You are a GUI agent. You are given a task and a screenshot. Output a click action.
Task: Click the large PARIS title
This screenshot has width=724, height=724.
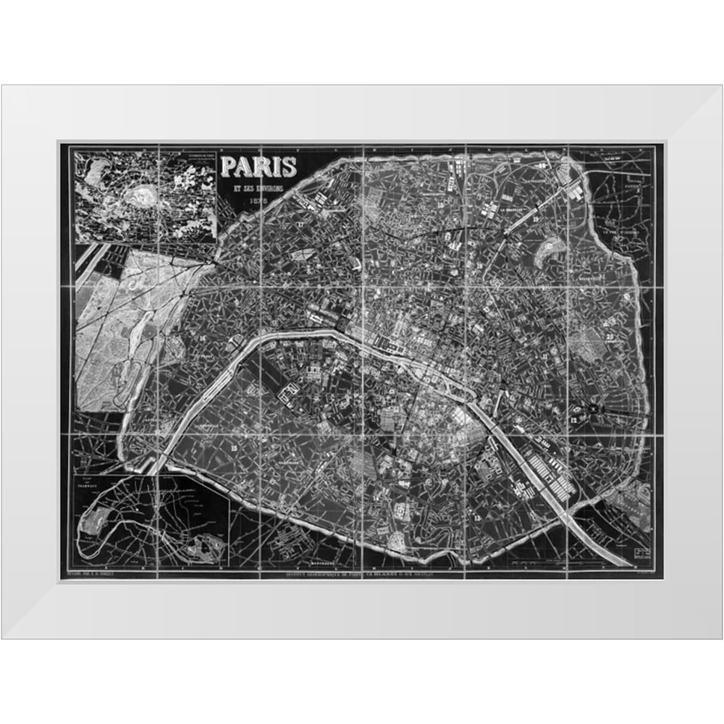pos(259,167)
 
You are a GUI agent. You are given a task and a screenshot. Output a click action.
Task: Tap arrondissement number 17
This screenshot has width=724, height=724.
pos(300,224)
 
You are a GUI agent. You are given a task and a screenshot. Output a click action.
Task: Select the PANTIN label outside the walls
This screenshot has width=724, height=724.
pos(633,185)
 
